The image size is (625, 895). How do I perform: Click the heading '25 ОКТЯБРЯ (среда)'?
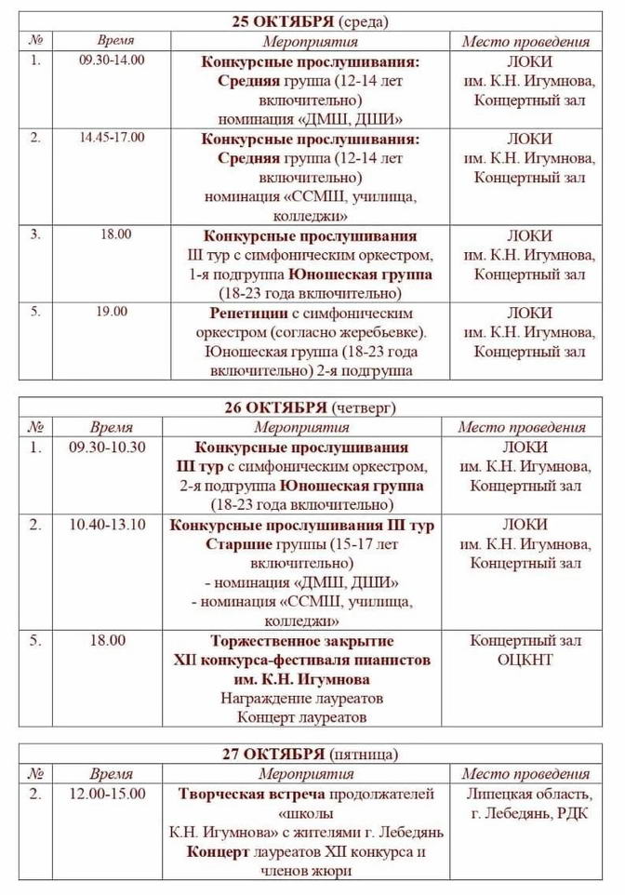click(311, 21)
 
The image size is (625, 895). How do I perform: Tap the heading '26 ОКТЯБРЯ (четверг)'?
click(311, 407)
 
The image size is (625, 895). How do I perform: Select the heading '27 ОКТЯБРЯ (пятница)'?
click(311, 754)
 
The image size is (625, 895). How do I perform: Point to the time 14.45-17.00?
click(113, 137)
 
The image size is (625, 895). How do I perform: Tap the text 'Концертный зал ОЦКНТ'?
click(525, 650)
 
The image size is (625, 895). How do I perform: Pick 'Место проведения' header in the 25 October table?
click(525, 41)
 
